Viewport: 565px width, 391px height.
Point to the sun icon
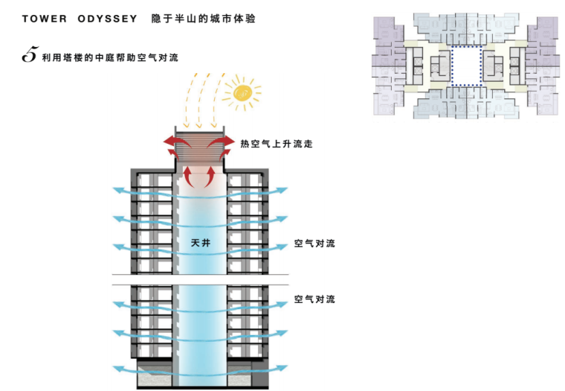pos(242,92)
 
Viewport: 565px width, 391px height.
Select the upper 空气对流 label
pos(314,244)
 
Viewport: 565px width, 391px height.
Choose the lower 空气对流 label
pos(314,299)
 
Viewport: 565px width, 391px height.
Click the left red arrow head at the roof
pos(167,142)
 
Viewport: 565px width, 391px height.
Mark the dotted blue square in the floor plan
pos(466,67)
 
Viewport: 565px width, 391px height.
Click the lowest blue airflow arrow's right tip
pos(284,368)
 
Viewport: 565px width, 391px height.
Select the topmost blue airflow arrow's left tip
pos(116,190)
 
